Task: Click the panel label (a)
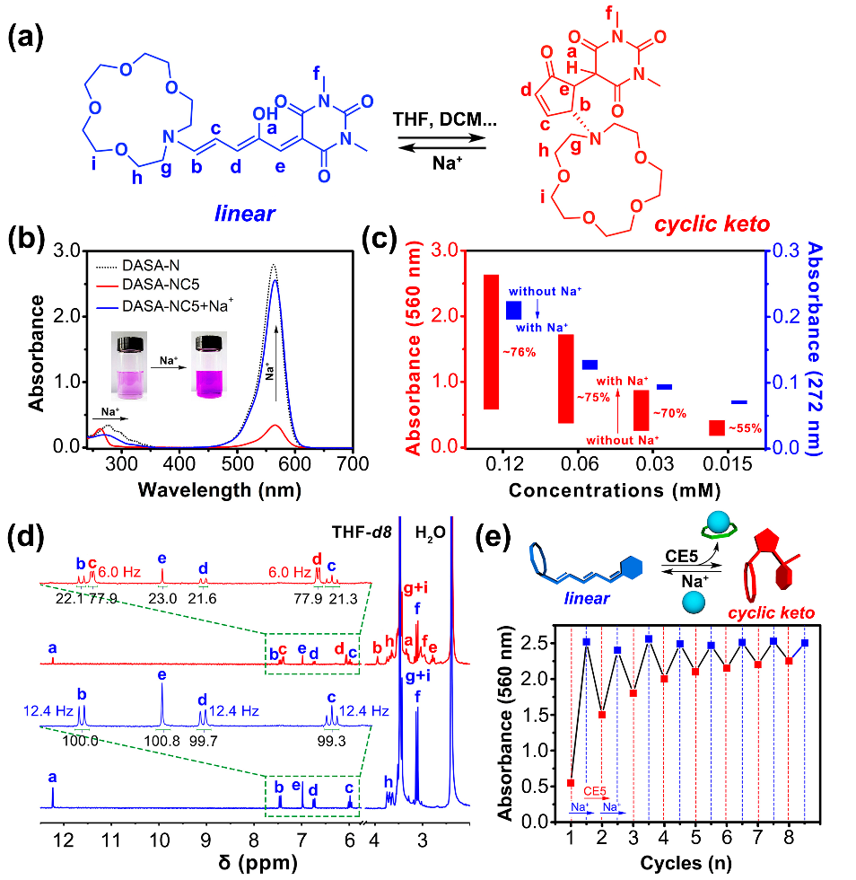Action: [x=29, y=40]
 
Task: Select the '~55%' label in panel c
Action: [x=746, y=429]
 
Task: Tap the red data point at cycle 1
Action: [x=571, y=783]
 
